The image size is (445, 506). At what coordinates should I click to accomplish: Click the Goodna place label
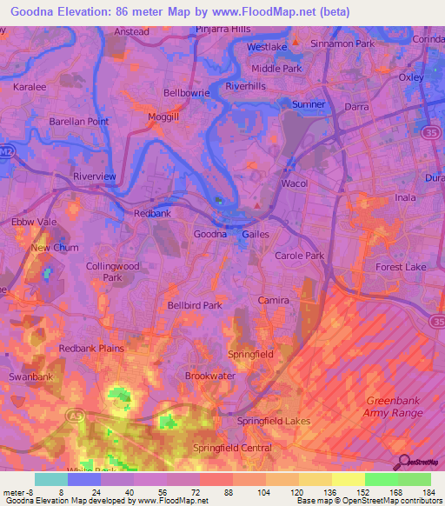209,234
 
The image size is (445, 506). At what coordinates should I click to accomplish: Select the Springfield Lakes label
274,421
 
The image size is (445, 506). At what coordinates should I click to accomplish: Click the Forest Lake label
401,268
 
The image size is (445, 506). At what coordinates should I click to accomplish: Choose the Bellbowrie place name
188,91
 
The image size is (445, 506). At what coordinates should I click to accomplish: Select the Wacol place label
295,184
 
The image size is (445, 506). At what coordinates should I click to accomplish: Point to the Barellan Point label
79,122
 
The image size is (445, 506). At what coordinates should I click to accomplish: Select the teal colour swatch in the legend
51,479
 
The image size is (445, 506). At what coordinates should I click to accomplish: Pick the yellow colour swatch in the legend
349,479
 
